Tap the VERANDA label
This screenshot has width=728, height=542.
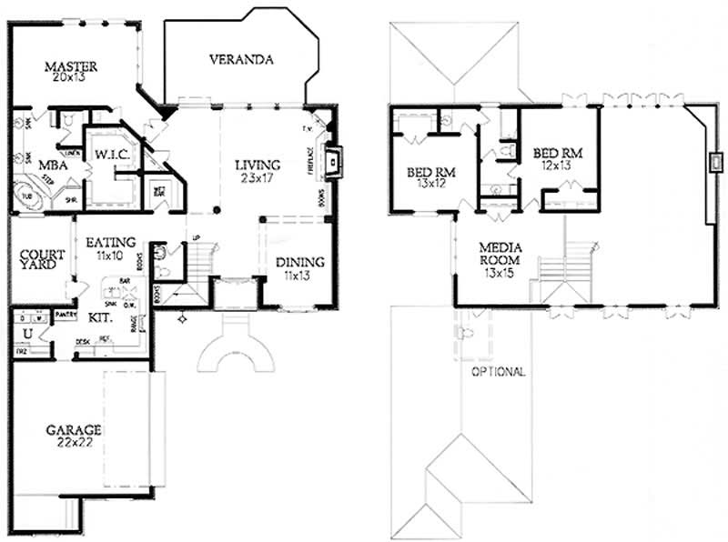[242, 61]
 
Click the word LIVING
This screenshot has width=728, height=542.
[258, 165]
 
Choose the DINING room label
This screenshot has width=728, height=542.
[300, 263]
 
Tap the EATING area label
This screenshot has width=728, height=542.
[111, 243]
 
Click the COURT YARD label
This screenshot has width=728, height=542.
[42, 259]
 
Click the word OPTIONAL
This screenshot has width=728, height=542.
[497, 372]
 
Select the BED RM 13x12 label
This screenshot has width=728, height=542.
[431, 177]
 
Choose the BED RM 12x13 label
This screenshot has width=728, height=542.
[558, 159]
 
